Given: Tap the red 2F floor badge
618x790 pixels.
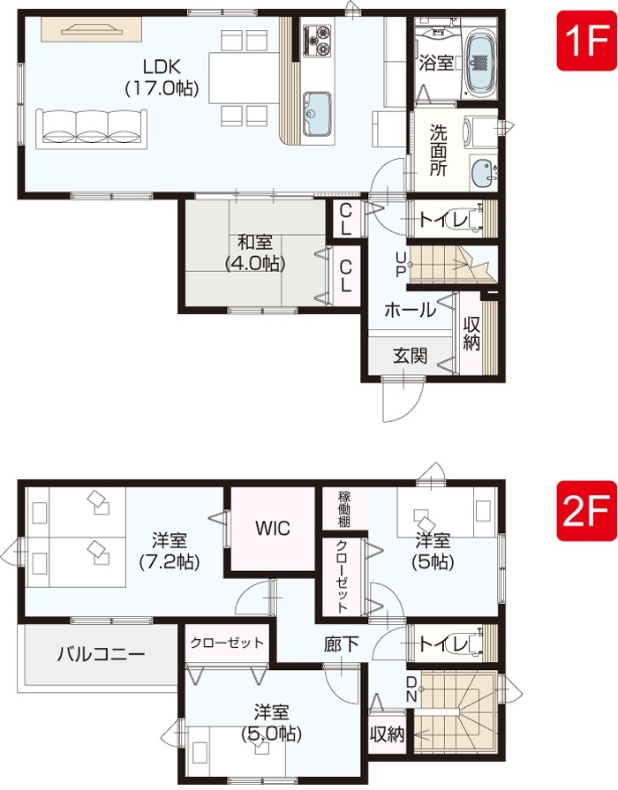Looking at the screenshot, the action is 587,511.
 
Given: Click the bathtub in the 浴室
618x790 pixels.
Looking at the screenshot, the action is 480,63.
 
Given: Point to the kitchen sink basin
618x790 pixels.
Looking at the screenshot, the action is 317,115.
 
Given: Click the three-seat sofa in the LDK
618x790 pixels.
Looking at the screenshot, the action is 91,129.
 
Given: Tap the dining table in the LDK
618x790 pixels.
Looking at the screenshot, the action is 245,78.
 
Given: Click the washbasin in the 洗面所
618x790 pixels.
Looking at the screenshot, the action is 483,172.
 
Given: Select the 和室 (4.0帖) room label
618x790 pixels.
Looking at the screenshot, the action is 255,252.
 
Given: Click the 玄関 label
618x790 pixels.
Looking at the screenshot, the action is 411,356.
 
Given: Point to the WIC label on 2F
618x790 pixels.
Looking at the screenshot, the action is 273,528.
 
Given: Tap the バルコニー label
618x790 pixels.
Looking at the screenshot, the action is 101,654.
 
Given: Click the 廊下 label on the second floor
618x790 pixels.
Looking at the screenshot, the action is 342,643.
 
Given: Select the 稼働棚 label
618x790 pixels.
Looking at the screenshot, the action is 344,508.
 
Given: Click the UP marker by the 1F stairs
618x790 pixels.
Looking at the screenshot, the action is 401,265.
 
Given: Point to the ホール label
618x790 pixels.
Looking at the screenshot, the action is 410,310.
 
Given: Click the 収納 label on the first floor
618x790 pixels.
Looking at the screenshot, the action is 471,333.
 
